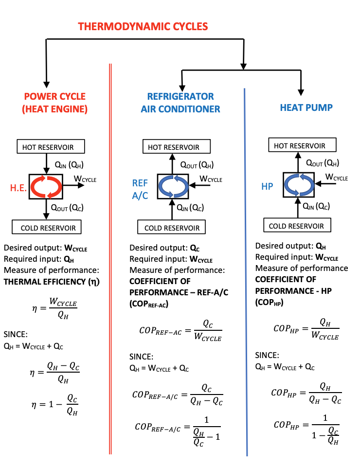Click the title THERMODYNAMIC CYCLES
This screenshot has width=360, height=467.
143,26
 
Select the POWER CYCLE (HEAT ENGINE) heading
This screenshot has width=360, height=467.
54,103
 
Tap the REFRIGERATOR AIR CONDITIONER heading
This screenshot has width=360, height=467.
180,103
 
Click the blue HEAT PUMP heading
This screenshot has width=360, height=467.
306,108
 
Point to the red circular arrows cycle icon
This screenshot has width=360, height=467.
46,186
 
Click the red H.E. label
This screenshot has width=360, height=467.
18,188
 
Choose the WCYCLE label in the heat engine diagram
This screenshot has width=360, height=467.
85,180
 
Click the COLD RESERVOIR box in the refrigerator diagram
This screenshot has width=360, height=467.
172,228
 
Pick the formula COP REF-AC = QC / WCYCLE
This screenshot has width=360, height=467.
180,331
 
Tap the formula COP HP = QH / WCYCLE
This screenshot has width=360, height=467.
306,329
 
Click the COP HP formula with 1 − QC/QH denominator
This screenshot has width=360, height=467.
306,428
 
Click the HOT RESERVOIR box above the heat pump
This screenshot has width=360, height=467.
299,145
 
